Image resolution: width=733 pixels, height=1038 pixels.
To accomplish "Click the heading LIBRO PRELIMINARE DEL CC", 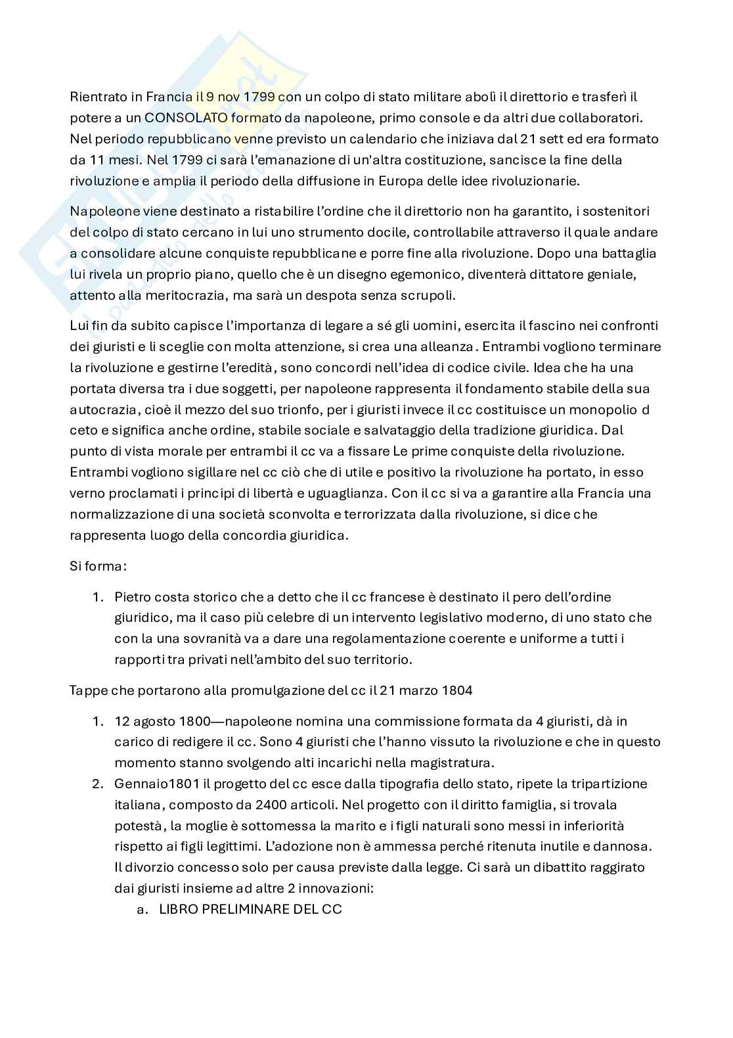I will [251, 909].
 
